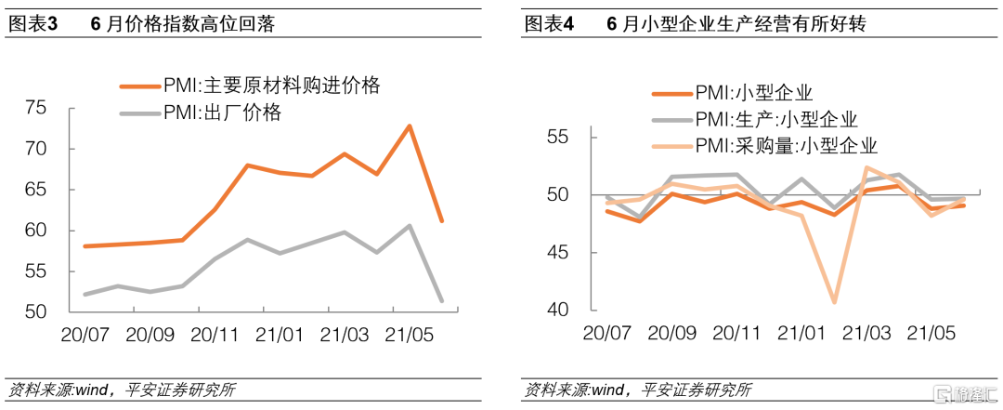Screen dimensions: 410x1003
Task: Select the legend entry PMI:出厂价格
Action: [222, 113]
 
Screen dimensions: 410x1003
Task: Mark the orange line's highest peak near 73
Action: [410, 126]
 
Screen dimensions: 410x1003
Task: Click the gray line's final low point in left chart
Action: [441, 300]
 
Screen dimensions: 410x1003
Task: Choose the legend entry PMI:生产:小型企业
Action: [775, 119]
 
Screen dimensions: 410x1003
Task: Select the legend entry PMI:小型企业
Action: [753, 93]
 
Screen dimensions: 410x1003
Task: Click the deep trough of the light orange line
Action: [834, 301]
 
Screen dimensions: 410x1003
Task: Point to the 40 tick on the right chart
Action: [556, 310]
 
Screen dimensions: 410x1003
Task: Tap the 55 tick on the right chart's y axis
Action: [556, 137]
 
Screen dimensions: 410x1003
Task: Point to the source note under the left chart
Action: [121, 390]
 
